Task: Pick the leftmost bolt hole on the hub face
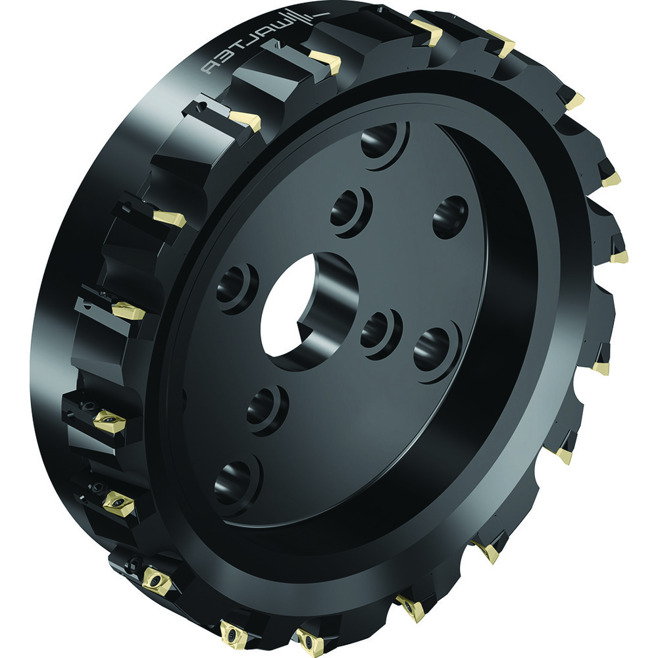click(235, 286)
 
